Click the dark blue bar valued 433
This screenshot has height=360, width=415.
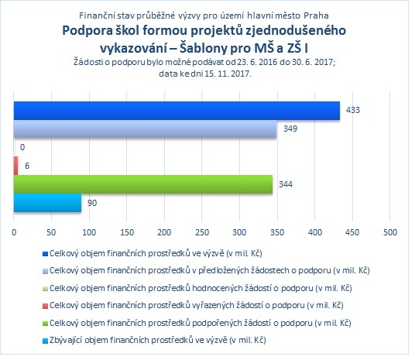pos(177,111)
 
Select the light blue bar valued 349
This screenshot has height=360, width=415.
pos(145,129)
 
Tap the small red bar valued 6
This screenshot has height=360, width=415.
pos(16,166)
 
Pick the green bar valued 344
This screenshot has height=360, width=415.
pos(143,184)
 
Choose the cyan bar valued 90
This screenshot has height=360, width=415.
pos(48,203)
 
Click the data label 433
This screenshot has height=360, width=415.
pos(353,110)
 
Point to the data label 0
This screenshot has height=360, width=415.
pos(22,147)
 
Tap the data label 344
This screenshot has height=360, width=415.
pos(286,184)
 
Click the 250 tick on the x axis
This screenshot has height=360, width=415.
pos(202,232)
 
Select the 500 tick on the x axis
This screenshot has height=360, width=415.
pos(390,232)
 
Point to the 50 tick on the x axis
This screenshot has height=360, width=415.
pos(51,232)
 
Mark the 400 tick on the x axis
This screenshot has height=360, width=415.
pos(315,232)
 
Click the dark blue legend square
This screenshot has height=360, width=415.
pos(45,254)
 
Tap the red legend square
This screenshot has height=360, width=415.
pos(45,306)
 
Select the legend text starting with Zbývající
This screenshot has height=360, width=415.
pos(158,340)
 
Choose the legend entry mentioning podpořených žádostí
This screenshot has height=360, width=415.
pos(201,323)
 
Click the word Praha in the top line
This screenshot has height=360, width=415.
pos(316,15)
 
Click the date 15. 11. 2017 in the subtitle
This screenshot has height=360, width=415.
pos(228,74)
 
